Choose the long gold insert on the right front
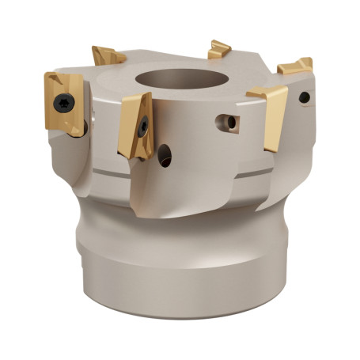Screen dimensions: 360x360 tap(270, 115)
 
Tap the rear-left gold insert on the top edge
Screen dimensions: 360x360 tap(108, 56)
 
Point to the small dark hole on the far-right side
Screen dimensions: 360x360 tap(305, 98)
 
